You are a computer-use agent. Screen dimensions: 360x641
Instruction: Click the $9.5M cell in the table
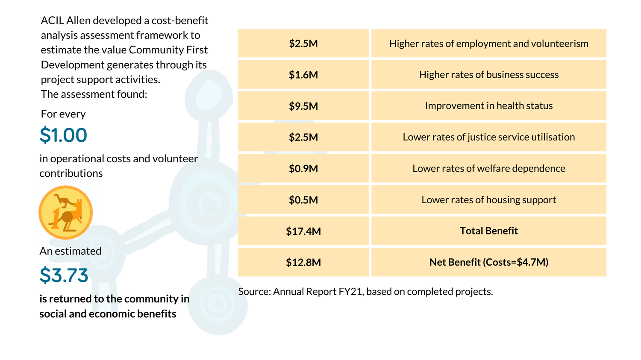[303, 106]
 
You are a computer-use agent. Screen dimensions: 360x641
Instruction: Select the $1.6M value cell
[303, 75]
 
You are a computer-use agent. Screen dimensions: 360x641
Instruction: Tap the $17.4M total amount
[303, 231]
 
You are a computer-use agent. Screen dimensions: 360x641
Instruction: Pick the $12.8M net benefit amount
[303, 262]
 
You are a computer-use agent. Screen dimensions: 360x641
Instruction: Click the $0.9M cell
[303, 169]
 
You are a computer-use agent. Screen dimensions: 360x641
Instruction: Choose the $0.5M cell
[303, 200]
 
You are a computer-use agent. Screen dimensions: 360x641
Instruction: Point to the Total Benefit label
[488, 231]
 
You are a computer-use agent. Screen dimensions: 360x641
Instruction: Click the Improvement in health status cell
[488, 106]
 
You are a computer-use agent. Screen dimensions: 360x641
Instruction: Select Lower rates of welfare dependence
[488, 169]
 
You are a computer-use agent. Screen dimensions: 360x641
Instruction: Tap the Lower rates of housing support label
[488, 200]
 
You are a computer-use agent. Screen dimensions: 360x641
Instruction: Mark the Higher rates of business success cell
[488, 75]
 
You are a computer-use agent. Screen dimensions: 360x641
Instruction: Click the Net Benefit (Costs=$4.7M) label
[488, 262]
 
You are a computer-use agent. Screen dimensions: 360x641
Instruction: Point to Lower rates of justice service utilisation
[488, 137]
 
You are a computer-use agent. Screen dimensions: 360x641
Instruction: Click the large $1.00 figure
[63, 135]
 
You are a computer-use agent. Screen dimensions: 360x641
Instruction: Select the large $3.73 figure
[64, 275]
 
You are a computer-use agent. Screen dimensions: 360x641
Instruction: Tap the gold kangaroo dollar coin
[66, 212]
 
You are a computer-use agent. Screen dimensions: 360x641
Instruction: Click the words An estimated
[71, 251]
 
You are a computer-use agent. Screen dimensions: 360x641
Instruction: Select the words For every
[63, 114]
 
